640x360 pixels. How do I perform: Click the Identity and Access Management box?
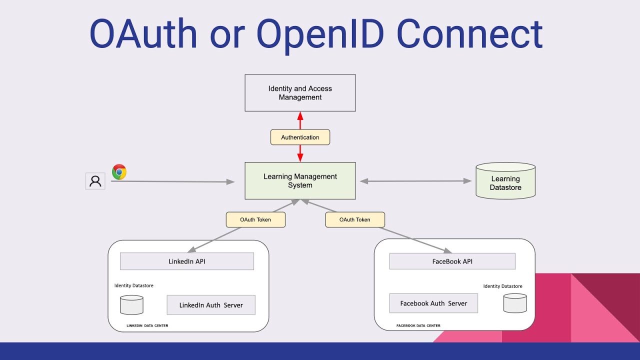[300, 93]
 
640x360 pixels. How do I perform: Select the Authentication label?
[300, 137]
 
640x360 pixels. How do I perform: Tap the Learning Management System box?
[300, 180]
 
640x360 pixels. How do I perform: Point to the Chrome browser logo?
[119, 172]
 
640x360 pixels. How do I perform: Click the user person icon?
[95, 181]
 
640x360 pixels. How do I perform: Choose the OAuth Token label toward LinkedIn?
[255, 220]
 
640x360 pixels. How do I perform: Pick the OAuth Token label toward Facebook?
[355, 220]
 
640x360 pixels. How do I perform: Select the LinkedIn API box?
[186, 261]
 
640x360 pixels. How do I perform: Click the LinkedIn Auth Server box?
[211, 305]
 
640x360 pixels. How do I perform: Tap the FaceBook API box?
[452, 261]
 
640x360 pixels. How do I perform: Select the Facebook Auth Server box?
[433, 303]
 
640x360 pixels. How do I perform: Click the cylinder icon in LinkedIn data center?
[131, 305]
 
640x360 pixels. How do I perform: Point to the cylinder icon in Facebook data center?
[515, 303]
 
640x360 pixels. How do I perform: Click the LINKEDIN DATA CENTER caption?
[147, 325]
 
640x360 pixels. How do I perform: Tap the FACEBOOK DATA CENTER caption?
[418, 325]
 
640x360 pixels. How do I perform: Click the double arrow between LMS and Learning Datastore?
[415, 181]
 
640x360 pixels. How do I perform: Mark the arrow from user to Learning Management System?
[172, 181]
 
